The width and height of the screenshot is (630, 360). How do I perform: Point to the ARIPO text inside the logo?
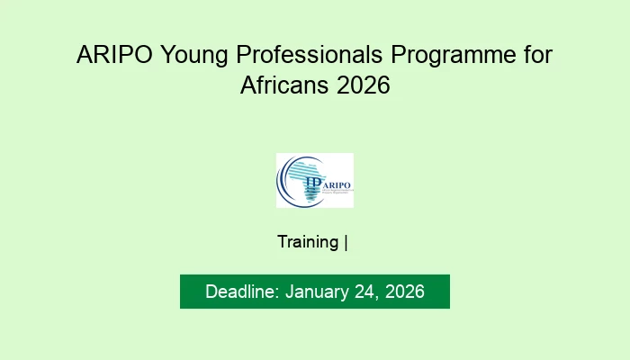point(336,183)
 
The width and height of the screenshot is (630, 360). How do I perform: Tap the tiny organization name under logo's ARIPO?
point(335,192)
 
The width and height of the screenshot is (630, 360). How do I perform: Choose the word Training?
point(308,242)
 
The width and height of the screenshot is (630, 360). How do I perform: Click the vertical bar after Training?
point(346,242)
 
